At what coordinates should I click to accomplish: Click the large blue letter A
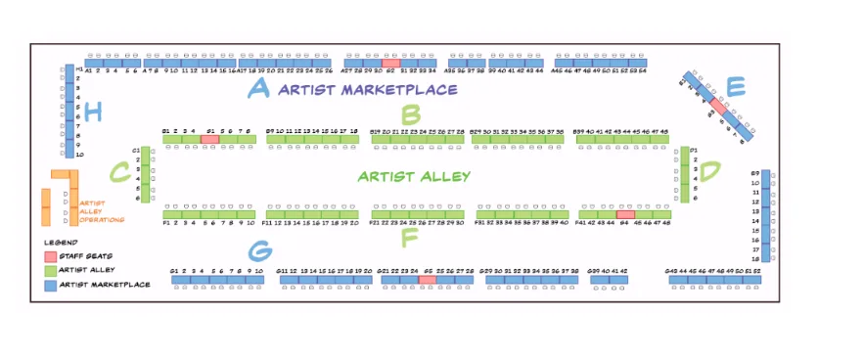click(258, 89)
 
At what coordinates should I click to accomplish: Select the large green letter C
click(119, 173)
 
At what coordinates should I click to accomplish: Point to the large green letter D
click(709, 171)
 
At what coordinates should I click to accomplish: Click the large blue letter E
click(736, 87)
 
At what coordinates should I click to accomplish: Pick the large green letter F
click(409, 237)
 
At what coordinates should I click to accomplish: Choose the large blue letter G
click(259, 251)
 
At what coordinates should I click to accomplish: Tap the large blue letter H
click(93, 112)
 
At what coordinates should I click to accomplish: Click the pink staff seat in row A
click(390, 62)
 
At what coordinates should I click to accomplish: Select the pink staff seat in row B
click(209, 140)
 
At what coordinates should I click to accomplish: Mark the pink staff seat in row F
click(625, 213)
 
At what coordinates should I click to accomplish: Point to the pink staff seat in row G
click(427, 280)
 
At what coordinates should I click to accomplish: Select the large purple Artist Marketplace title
click(367, 90)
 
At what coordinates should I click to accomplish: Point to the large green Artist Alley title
click(414, 177)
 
